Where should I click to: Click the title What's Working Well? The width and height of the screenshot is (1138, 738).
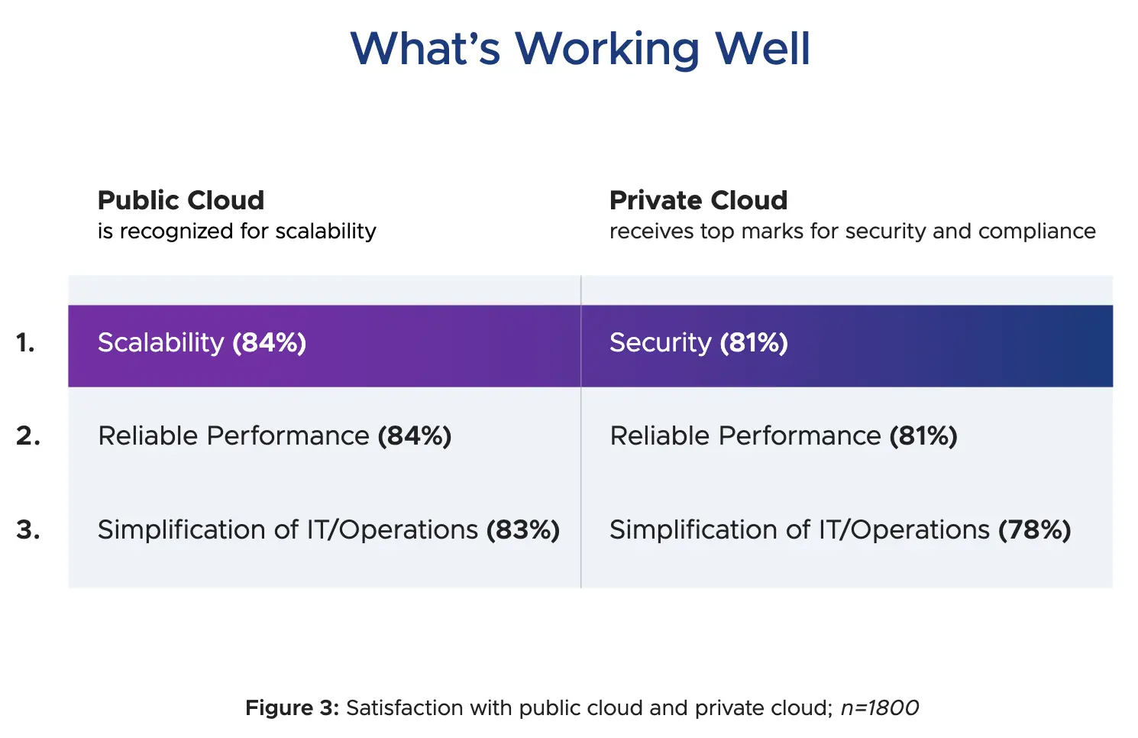click(x=580, y=48)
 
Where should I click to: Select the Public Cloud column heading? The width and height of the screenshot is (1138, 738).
click(x=181, y=200)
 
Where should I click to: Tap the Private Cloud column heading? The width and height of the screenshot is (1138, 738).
click(x=698, y=200)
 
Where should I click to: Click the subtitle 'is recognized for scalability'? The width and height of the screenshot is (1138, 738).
click(x=237, y=231)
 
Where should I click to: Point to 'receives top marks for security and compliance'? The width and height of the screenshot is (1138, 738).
click(x=852, y=231)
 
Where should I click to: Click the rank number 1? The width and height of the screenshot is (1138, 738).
click(x=26, y=343)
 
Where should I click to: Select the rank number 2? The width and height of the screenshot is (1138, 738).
click(x=28, y=436)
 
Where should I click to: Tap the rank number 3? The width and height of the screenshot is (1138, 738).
click(x=28, y=529)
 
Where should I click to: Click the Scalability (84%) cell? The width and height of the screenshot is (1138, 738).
click(x=324, y=345)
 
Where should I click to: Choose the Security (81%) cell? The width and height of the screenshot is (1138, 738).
click(x=846, y=345)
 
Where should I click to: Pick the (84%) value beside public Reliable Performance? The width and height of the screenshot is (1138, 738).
click(x=415, y=436)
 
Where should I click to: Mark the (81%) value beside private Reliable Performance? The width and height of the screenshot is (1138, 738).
click(x=923, y=436)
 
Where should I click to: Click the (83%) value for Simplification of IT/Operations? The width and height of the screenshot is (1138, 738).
click(x=523, y=529)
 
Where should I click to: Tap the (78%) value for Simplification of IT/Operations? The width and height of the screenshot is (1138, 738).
click(x=1035, y=529)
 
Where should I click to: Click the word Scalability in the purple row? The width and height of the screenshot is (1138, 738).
click(x=160, y=343)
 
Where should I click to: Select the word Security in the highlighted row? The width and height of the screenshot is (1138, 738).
click(x=660, y=343)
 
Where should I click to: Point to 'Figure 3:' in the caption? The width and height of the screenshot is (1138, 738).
click(x=292, y=708)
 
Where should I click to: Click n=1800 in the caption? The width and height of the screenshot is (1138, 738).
click(x=880, y=708)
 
